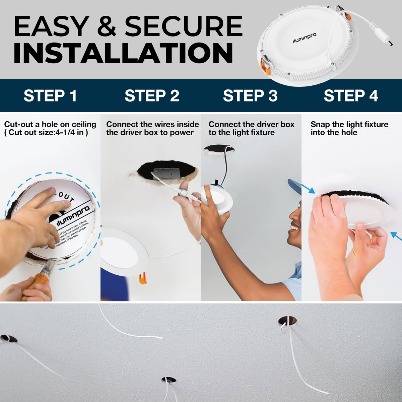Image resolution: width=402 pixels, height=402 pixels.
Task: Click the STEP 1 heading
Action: (x=50, y=96)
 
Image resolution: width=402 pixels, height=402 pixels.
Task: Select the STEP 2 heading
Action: (x=152, y=96)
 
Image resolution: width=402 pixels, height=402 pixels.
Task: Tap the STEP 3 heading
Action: (x=250, y=96)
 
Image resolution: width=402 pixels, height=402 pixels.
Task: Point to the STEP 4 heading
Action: (x=351, y=96)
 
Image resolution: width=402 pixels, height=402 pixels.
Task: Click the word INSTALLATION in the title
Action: (x=123, y=53)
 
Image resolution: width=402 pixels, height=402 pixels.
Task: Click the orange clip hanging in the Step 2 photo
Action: (x=143, y=278)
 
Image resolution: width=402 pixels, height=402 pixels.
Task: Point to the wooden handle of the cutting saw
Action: (x=35, y=285)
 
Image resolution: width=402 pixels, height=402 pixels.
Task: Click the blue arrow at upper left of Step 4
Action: (x=309, y=189)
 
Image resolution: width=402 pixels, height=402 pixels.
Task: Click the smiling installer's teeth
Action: (x=294, y=228)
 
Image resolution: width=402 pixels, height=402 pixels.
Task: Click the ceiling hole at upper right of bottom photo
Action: (x=287, y=321)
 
